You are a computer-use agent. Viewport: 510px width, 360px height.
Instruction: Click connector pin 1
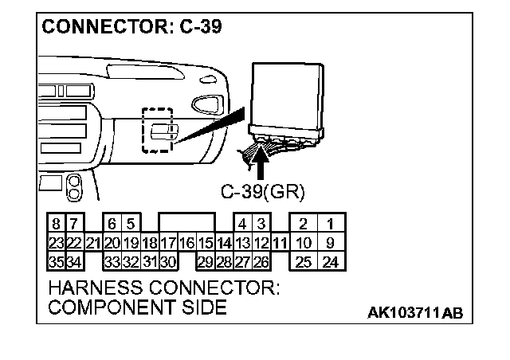pyautogui.click(x=330, y=224)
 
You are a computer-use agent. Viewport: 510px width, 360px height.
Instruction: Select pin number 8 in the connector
pyautogui.click(x=56, y=224)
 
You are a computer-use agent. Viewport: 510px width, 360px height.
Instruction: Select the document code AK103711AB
pyautogui.click(x=414, y=312)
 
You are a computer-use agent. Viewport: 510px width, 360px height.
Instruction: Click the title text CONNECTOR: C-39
pyautogui.click(x=131, y=27)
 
